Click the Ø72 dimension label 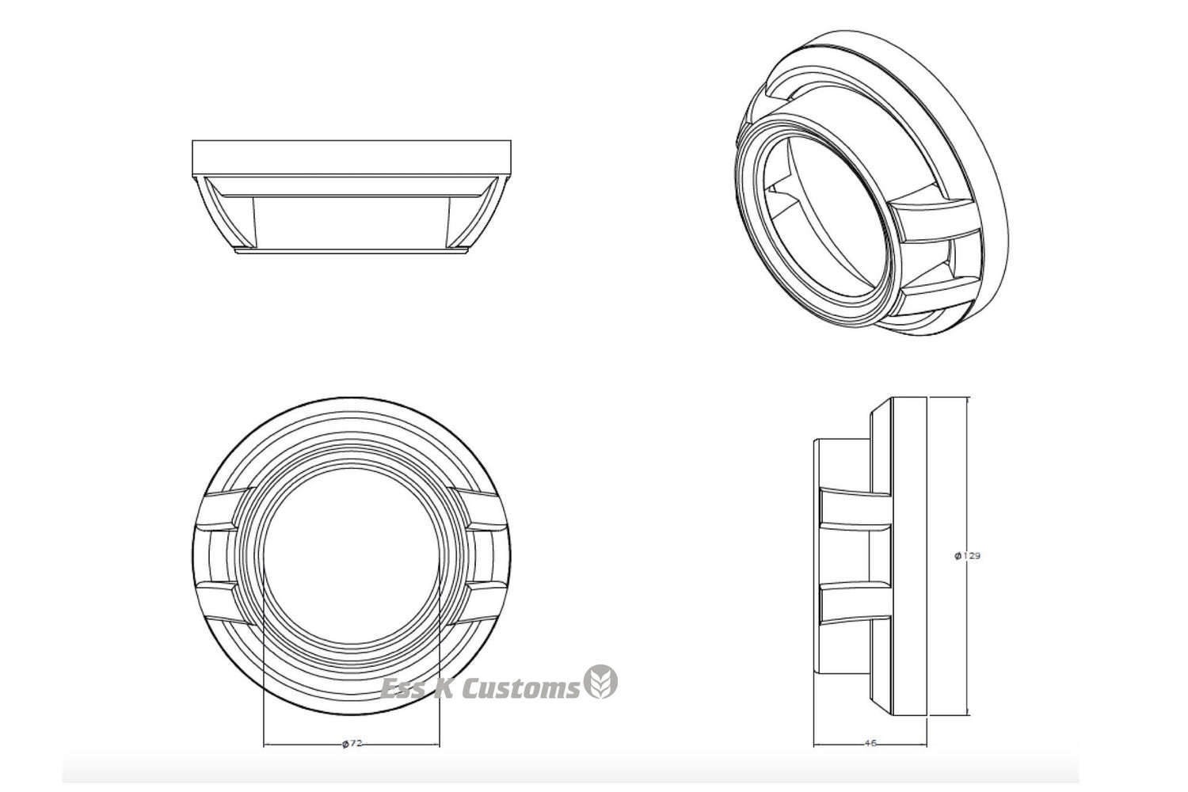tap(352, 744)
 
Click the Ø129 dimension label tap(967, 556)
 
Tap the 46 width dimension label tap(870, 744)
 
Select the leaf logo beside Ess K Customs tap(601, 682)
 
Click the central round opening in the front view tap(352, 557)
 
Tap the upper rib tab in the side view tap(855, 510)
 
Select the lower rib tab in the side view tap(855, 604)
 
